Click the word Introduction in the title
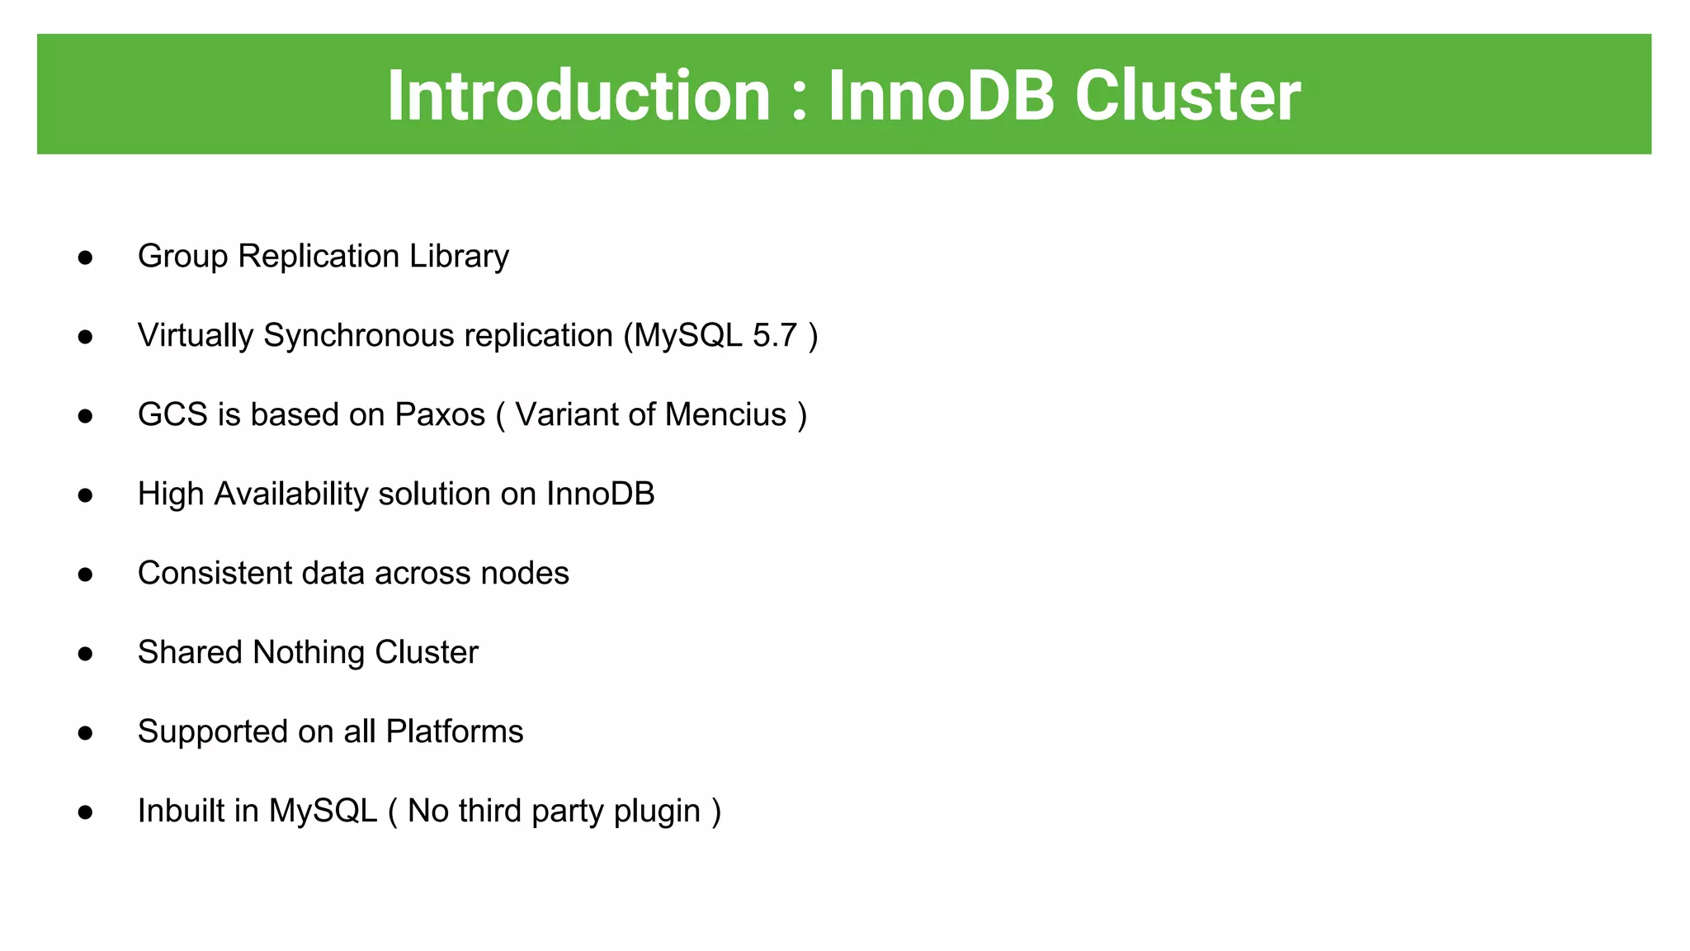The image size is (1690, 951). point(578,96)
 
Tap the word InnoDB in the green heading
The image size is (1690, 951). point(941,96)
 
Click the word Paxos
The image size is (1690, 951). point(440,414)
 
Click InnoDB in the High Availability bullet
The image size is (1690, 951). point(600,494)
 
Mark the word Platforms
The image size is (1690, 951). point(454,731)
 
